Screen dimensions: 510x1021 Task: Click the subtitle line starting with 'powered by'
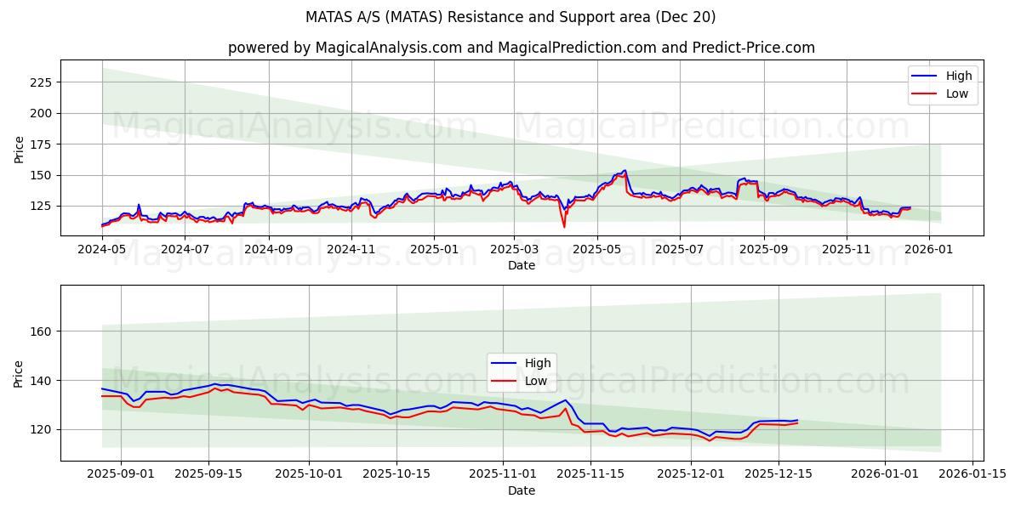click(x=522, y=48)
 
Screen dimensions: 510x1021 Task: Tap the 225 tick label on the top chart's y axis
click(x=41, y=82)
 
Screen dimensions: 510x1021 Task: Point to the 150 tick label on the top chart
click(x=41, y=175)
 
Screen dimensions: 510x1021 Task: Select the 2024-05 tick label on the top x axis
click(x=102, y=250)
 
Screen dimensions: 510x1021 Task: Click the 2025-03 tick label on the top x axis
click(x=514, y=250)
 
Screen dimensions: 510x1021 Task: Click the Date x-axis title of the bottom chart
click(x=522, y=490)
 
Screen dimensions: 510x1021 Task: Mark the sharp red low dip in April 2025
click(x=563, y=226)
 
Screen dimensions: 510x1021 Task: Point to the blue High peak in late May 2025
click(x=625, y=170)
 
